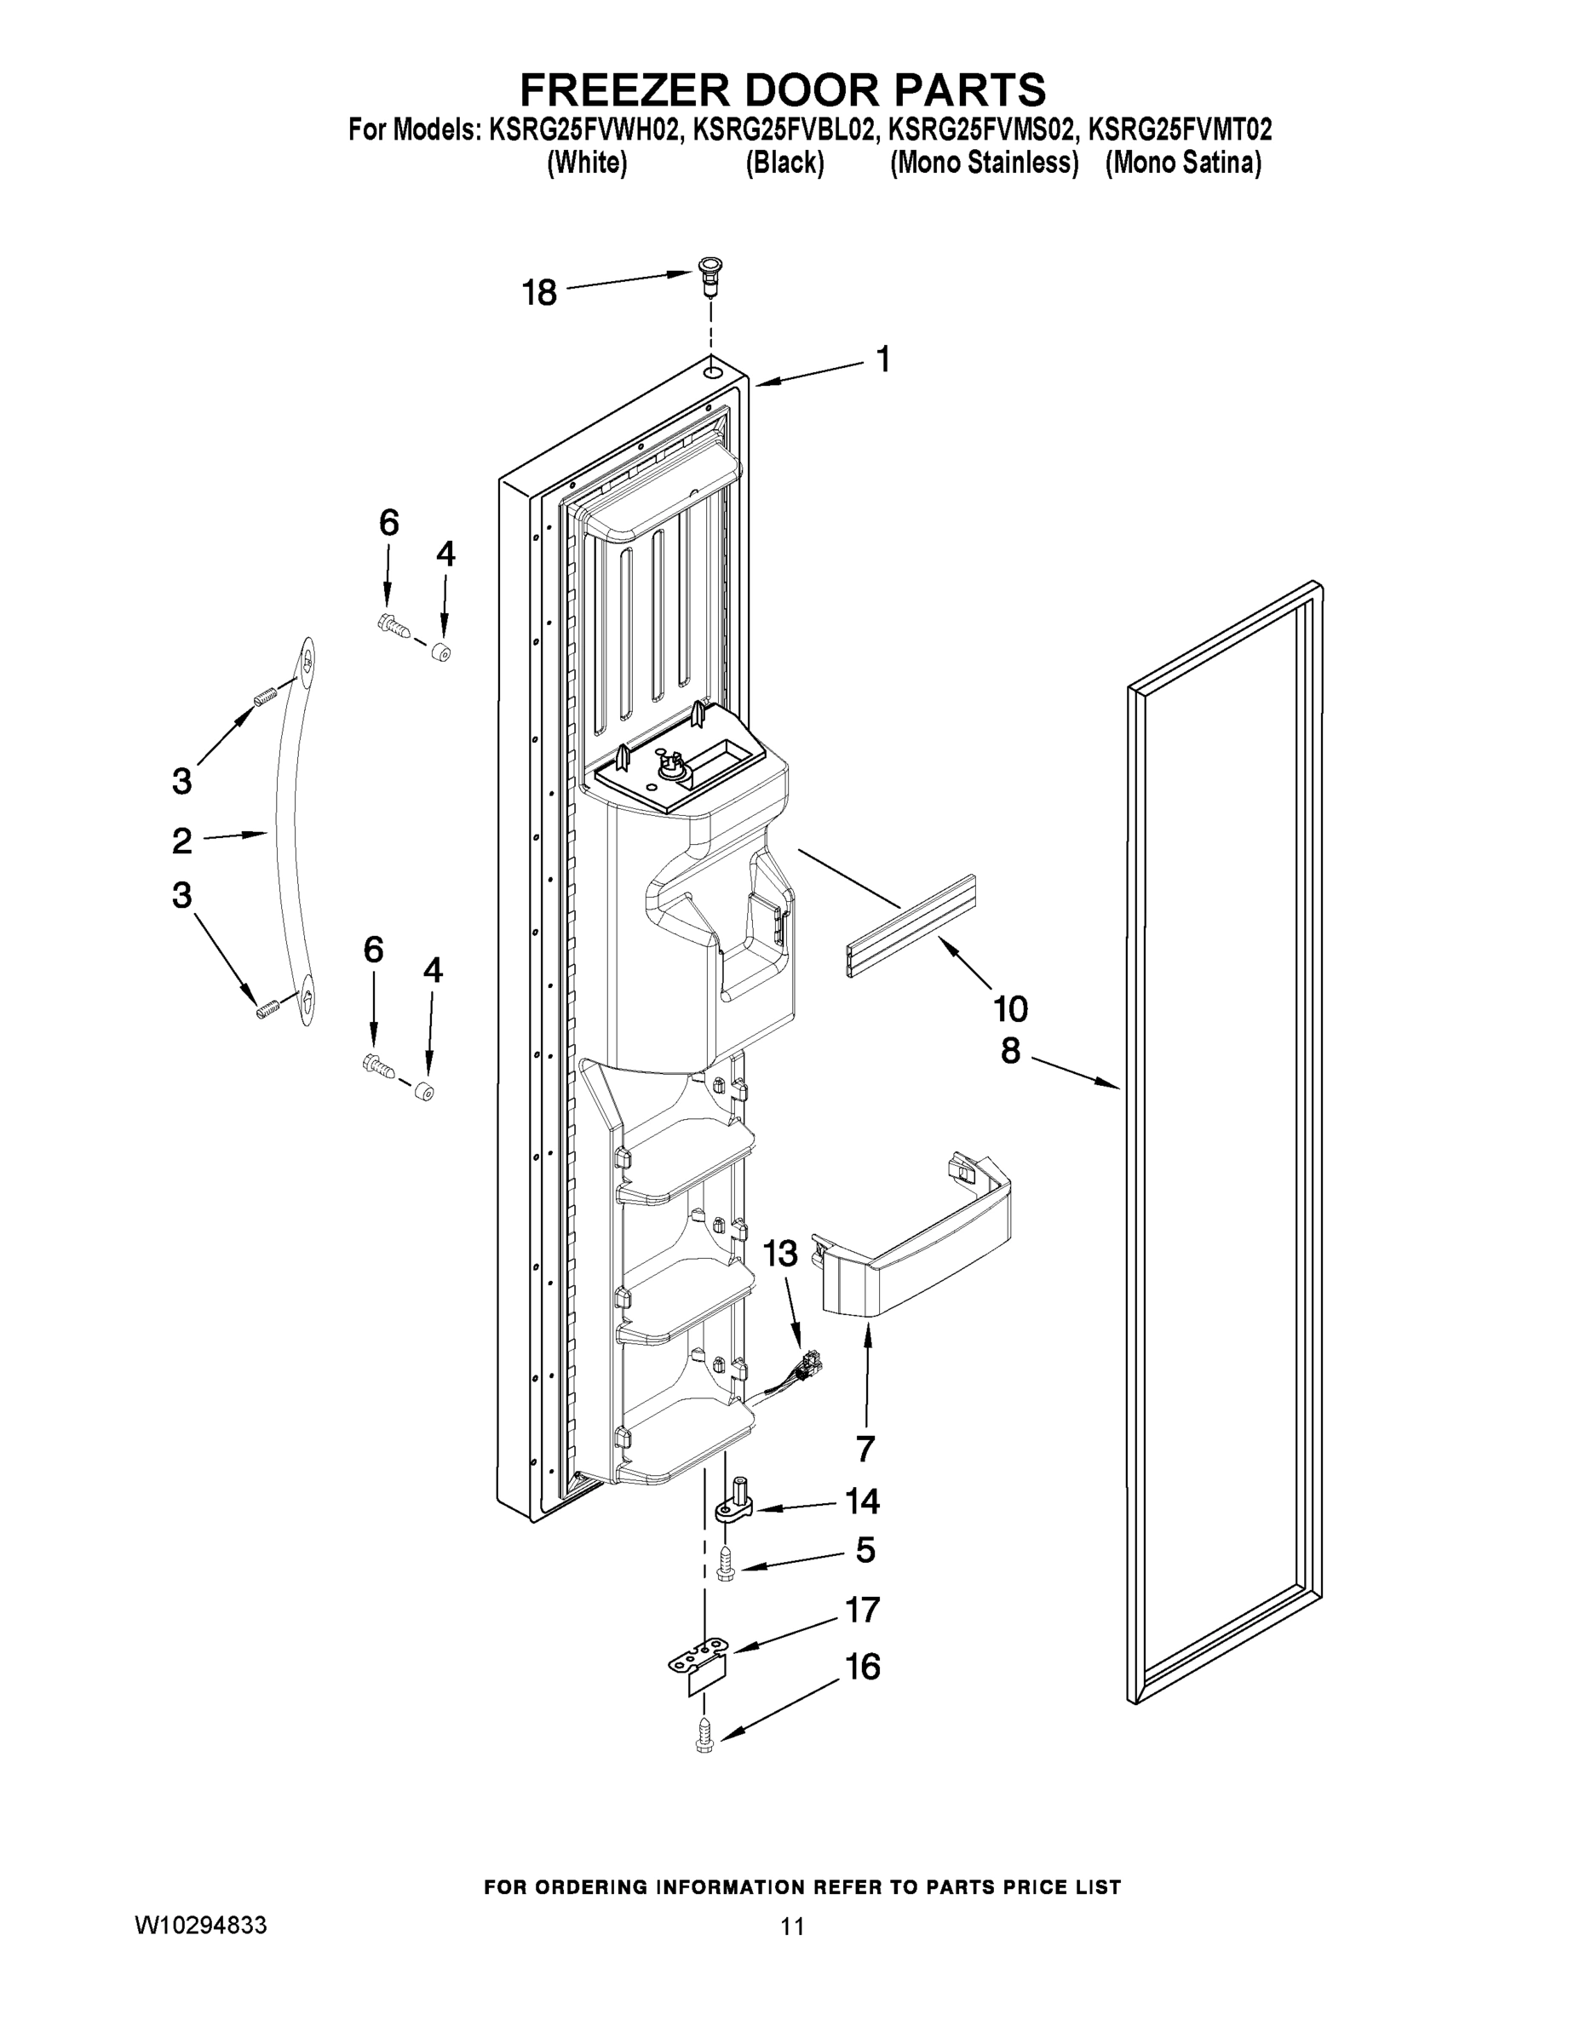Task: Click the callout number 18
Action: point(539,293)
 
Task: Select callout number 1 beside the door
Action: point(882,359)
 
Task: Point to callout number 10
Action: point(1011,1009)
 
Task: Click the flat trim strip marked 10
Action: point(911,927)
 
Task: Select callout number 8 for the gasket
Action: point(1011,1051)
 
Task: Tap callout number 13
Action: point(781,1252)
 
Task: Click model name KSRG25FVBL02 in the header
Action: point(784,129)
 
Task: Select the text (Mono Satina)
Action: point(1183,163)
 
